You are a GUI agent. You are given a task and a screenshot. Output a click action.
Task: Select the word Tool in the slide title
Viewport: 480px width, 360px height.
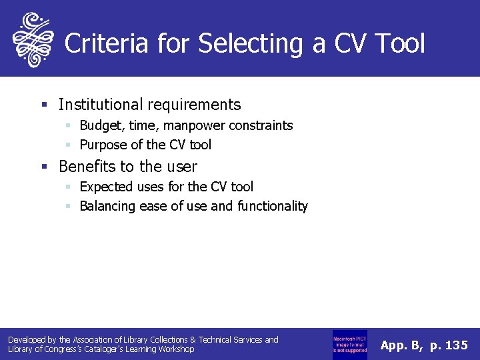pyautogui.click(x=399, y=44)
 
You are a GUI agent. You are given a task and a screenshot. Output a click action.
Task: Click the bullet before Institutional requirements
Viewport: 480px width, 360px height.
pyautogui.click(x=44, y=105)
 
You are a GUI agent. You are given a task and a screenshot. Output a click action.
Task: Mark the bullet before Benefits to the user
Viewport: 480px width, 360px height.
pyautogui.click(x=44, y=166)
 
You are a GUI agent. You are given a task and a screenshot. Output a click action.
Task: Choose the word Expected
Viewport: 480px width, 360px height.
pyautogui.click(x=106, y=187)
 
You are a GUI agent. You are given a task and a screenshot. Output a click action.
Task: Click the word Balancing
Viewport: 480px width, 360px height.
pyautogui.click(x=107, y=206)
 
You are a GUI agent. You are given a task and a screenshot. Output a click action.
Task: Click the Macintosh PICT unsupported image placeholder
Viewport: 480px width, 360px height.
pyautogui.click(x=349, y=345)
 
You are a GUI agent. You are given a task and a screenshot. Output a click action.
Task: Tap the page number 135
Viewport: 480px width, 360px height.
pyautogui.click(x=456, y=345)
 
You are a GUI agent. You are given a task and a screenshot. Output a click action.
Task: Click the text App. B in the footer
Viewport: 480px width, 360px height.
pyautogui.click(x=401, y=345)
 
